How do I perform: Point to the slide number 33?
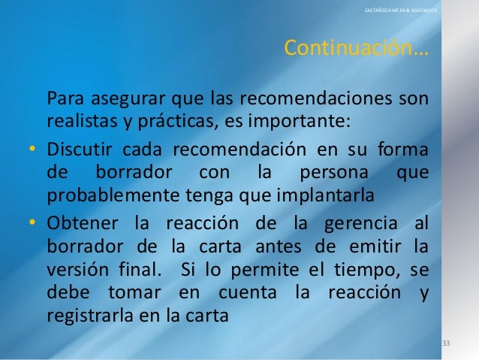(x=446, y=343)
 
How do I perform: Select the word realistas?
(x=79, y=120)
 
